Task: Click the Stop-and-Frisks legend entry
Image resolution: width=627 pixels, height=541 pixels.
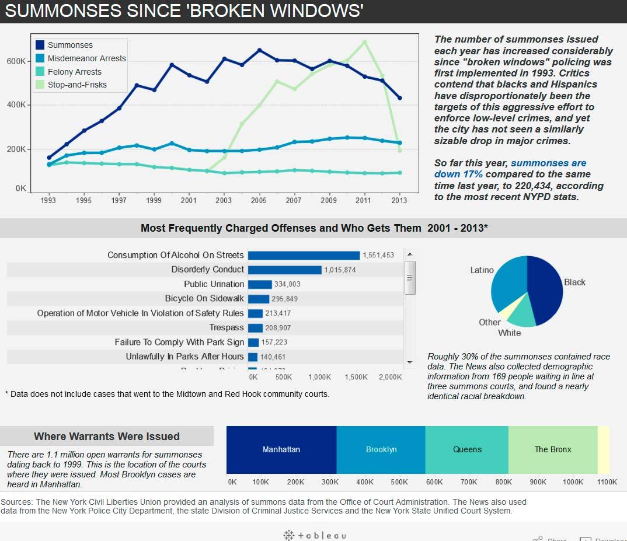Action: [x=77, y=85]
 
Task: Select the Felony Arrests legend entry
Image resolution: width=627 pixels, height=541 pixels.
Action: [x=74, y=71]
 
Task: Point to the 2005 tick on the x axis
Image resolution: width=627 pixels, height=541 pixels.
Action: [x=259, y=200]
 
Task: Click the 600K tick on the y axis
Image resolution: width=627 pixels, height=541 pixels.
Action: [x=16, y=61]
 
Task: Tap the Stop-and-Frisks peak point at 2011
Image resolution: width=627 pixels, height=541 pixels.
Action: [x=365, y=42]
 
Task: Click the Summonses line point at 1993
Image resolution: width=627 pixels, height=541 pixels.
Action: [x=49, y=158]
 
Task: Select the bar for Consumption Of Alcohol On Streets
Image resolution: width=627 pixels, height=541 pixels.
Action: [x=304, y=255]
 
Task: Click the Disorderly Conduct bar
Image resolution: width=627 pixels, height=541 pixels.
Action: [x=284, y=270]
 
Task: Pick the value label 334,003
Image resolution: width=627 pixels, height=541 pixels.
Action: [x=287, y=284]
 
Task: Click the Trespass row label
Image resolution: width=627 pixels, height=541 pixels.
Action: [x=227, y=327]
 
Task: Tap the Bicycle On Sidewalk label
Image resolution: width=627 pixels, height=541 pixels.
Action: [x=204, y=298]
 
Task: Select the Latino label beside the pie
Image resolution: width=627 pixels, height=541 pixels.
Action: [x=482, y=270]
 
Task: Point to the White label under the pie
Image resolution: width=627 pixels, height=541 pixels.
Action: [x=509, y=333]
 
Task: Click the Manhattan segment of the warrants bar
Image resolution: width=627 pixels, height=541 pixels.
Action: [x=281, y=449]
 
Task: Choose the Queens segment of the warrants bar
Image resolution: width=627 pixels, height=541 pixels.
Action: [x=467, y=449]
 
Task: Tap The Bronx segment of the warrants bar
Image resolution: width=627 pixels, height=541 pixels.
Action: [x=553, y=449]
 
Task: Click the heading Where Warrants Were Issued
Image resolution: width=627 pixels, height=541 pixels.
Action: [x=107, y=437]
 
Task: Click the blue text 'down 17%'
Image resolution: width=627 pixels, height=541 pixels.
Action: [x=458, y=174]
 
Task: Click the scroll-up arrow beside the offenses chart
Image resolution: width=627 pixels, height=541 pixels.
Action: [x=410, y=254]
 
